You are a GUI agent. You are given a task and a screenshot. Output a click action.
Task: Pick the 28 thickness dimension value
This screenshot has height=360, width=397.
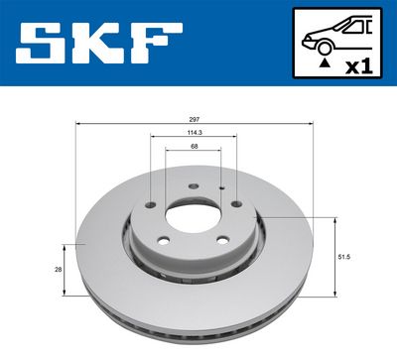pos(58,268)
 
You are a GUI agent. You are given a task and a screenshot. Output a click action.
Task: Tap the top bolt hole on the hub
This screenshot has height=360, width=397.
pos(189,184)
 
